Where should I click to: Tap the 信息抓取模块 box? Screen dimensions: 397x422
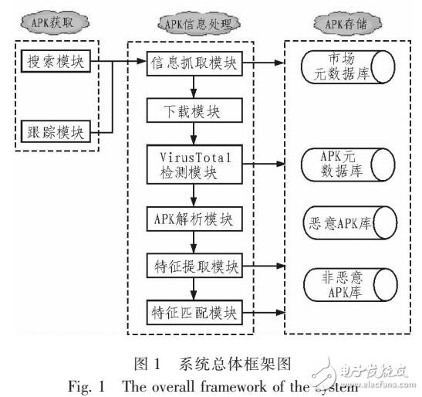[x=194, y=59]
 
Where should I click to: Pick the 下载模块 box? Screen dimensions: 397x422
[x=194, y=110]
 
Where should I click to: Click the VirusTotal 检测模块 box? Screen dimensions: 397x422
[x=194, y=163]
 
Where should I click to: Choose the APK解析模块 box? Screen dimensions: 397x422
[x=194, y=218]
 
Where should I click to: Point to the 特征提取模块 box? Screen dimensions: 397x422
[x=194, y=266]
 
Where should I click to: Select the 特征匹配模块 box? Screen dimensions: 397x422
[x=194, y=314]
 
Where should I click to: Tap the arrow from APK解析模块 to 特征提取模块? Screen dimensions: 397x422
[x=194, y=243]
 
